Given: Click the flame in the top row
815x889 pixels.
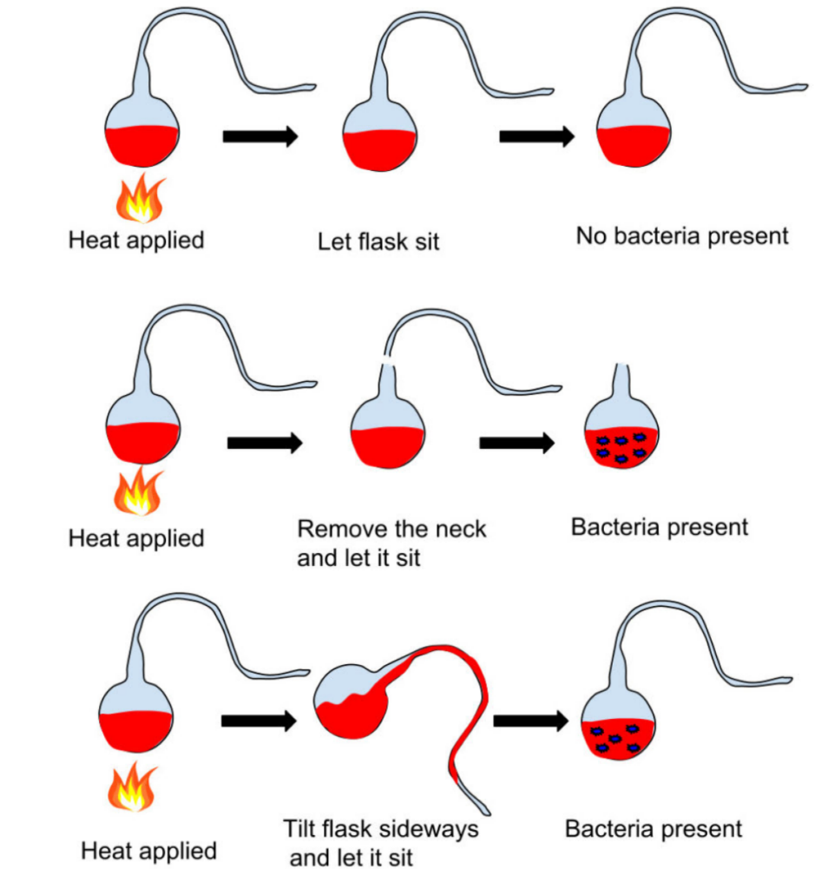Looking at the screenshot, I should pos(139,198).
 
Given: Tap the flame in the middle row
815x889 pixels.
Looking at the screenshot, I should pos(139,492).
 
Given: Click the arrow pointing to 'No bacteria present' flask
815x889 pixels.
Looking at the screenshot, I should pos(536,136).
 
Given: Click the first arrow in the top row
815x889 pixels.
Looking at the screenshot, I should pos(260,136).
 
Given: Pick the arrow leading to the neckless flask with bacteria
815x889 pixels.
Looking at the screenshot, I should pos(517,443).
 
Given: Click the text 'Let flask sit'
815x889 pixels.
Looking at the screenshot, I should pos(378,240).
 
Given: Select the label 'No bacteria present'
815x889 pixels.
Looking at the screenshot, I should pos(682,235).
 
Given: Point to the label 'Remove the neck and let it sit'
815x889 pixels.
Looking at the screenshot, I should pos(391,543).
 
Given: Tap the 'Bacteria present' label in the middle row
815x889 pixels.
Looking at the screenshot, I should pos(659,527).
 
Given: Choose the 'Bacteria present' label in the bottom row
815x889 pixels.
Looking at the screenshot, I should pos(654,828).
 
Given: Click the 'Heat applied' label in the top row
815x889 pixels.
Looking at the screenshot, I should pos(136,240).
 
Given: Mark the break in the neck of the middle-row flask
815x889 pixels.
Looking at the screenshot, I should pos(388,360).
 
